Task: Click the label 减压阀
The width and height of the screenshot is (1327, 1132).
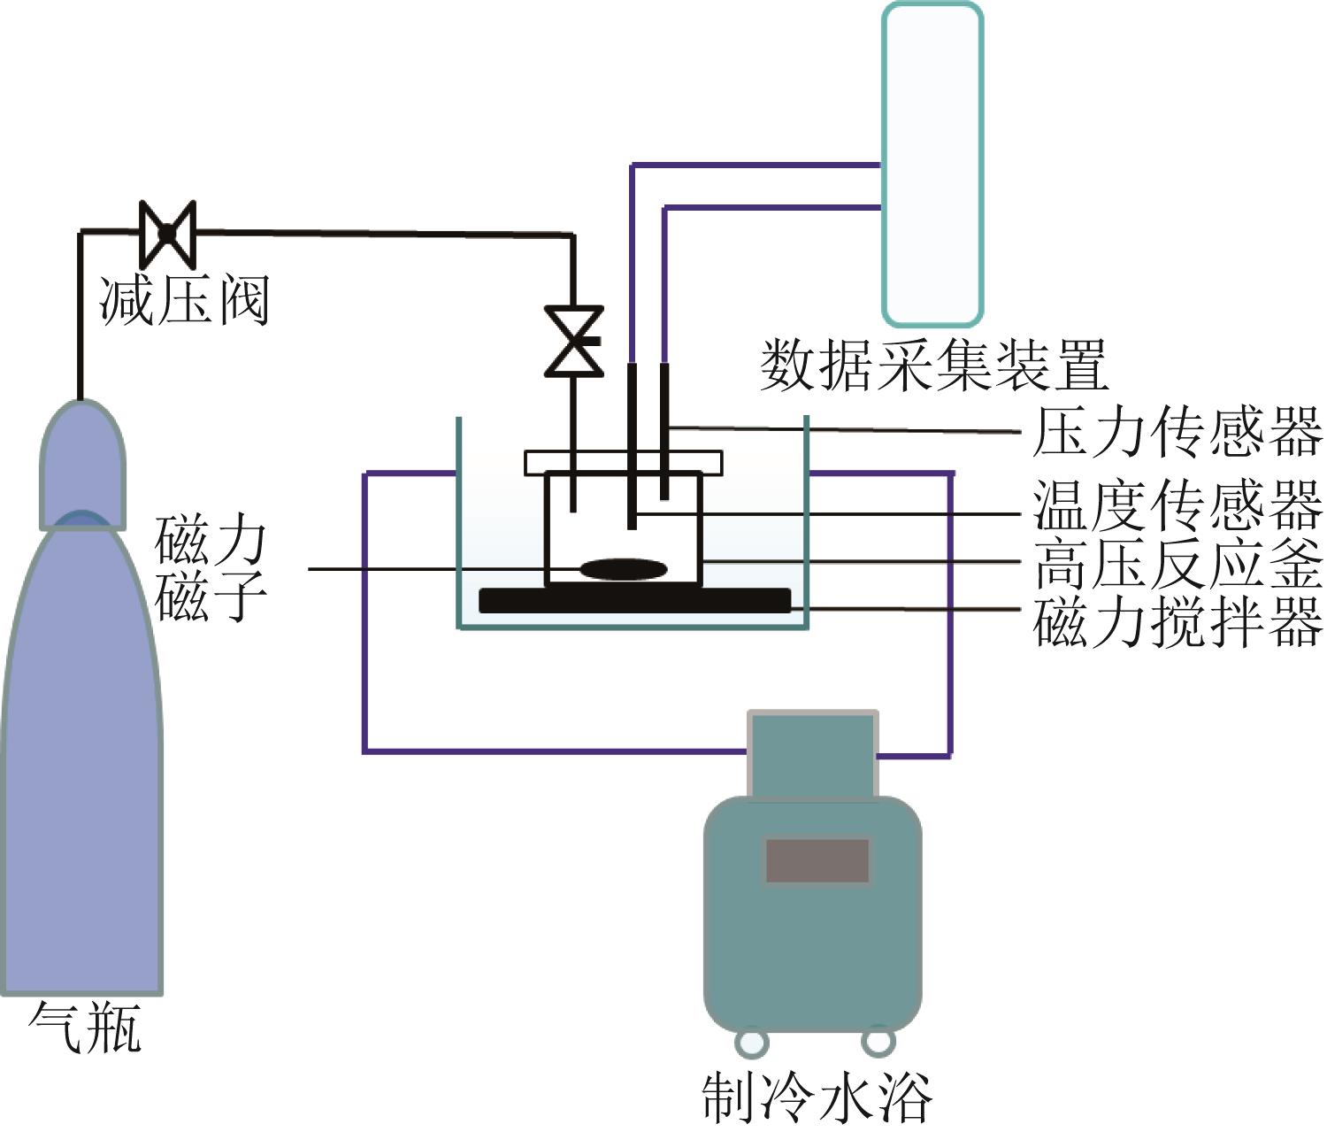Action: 183,300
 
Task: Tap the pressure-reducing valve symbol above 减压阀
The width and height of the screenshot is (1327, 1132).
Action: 167,233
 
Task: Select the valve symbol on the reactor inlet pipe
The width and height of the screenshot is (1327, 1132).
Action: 573,342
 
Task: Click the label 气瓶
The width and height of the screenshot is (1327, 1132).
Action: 85,1027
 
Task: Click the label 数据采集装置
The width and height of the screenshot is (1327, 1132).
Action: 934,365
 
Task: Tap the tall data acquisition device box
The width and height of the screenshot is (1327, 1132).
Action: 932,164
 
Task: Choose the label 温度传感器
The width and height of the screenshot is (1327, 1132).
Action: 1177,504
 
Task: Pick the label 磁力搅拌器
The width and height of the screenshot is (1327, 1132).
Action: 1177,620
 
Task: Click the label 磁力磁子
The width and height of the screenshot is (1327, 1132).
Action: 211,567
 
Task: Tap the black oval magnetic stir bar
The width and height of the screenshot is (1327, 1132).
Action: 624,569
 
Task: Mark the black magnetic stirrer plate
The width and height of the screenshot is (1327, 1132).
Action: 634,600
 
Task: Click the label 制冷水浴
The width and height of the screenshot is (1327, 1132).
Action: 816,1097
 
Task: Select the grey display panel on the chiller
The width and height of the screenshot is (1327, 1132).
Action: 817,860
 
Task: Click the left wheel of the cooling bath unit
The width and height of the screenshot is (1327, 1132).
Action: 750,1041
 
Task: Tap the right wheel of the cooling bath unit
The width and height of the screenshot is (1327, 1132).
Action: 878,1041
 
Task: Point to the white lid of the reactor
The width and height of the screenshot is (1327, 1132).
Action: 624,462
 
